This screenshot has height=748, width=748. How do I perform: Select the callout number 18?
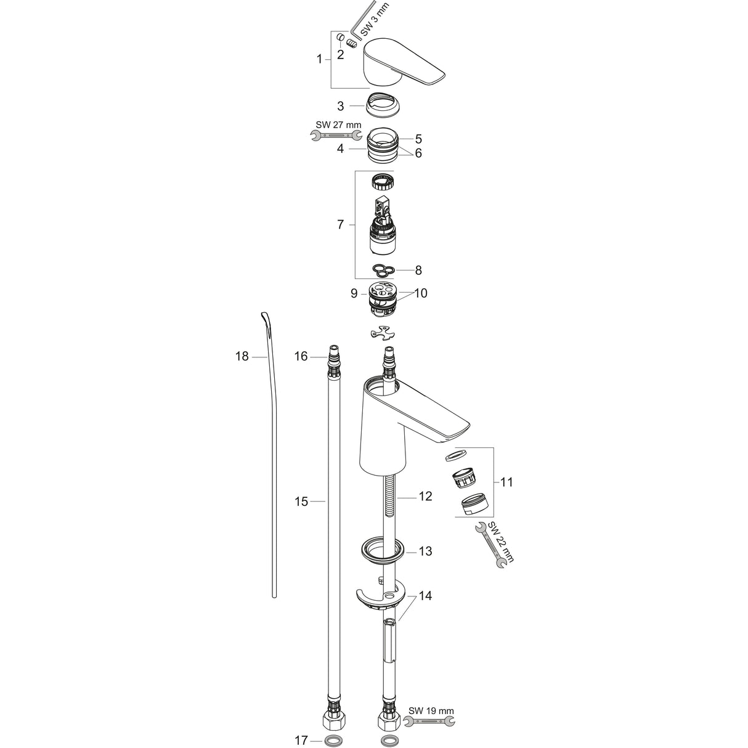coord(242,356)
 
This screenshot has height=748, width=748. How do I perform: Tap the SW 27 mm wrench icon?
coord(337,136)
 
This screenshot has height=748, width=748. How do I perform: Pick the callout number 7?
coord(340,225)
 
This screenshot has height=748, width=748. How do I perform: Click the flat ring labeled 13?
coord(382,550)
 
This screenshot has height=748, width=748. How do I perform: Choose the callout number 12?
coord(426,496)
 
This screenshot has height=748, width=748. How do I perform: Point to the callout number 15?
coord(301,502)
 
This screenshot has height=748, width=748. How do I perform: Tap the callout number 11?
coord(506,482)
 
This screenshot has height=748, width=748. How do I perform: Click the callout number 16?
coord(301,356)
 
